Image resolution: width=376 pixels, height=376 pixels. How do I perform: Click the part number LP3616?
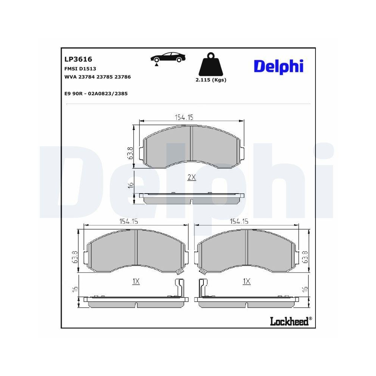pos(78,59)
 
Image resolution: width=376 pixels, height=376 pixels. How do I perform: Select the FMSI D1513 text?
pos(80,69)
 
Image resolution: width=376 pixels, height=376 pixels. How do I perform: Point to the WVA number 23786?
pos(123,77)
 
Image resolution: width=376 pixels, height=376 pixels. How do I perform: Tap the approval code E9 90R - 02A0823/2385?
pos(96,93)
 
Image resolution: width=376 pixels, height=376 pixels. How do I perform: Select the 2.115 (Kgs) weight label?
pos(211,80)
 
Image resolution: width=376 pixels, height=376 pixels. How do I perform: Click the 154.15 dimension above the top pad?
pos(183,117)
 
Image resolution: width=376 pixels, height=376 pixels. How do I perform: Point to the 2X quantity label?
pos(192,177)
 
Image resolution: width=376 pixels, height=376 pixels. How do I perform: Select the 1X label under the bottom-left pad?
pos(136,281)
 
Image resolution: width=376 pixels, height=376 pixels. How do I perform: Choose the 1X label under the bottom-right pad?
pos(247,281)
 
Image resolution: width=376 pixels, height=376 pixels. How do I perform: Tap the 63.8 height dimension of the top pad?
pos(130,153)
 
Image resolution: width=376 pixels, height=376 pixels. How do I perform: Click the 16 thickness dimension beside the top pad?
pos(130,185)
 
